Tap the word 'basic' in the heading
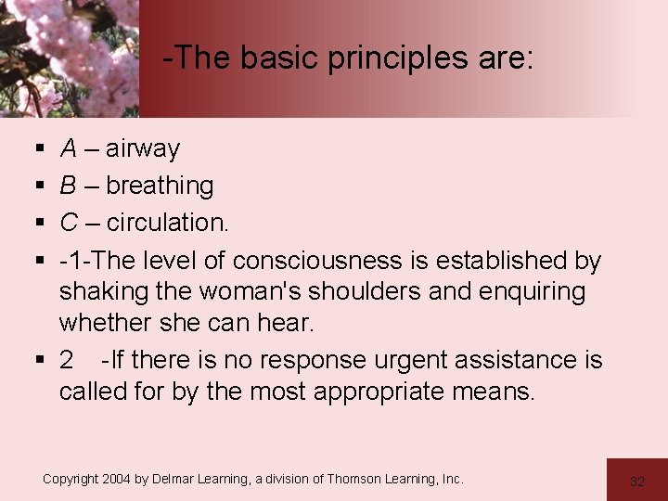(x=275, y=58)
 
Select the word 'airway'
(x=143, y=148)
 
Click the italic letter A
(x=69, y=148)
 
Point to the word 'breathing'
(x=160, y=186)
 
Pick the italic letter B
(x=69, y=186)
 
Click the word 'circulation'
(x=165, y=223)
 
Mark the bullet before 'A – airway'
(x=40, y=149)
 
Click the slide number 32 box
(x=636, y=481)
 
